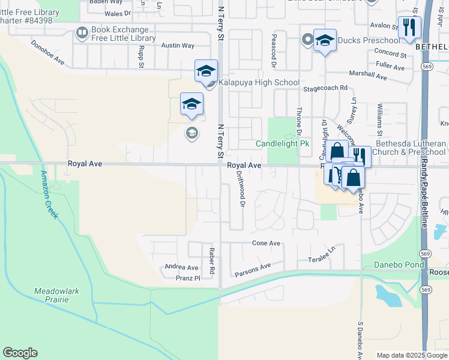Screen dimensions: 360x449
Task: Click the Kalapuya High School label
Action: pos(259,83)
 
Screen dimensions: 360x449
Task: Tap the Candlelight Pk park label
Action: pos(282,144)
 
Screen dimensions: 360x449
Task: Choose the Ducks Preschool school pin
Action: pos(325,40)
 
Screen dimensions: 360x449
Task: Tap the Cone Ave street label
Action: pos(266,243)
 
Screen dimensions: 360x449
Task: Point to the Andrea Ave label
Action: pos(181,268)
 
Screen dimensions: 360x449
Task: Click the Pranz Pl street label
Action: pos(188,278)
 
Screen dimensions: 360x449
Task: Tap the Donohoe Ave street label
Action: pos(47,52)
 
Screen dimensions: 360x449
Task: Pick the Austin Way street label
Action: pos(178,46)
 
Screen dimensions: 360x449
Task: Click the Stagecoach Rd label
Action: pos(325,87)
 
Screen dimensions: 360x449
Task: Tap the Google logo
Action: pos(20,353)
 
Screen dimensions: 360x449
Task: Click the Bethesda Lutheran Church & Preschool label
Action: pos(409,148)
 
